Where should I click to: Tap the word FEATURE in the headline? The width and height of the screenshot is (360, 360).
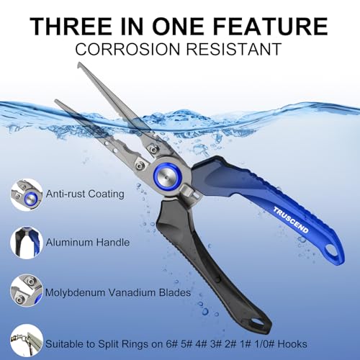pos(271,26)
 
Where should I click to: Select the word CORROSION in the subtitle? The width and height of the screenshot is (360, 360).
pos(127,49)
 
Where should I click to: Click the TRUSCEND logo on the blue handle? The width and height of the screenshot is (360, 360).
pos(291,220)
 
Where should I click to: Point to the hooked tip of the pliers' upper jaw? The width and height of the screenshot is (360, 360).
pos(79,65)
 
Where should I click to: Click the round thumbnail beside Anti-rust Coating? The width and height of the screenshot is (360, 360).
pos(27,195)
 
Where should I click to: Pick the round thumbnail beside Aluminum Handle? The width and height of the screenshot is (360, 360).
pos(27,243)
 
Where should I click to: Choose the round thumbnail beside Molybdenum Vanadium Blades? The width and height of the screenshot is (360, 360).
pos(27,291)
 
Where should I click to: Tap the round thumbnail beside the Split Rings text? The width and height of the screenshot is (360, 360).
pos(27,341)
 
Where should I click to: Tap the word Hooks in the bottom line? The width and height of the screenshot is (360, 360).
pos(292,344)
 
